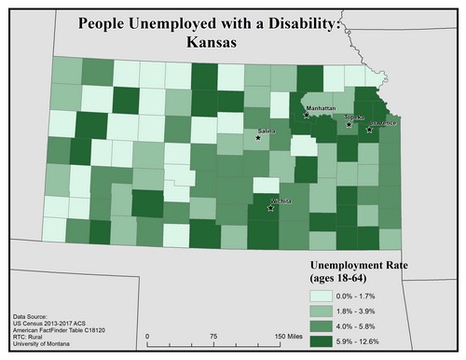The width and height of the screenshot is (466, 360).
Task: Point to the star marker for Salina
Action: (x=258, y=138)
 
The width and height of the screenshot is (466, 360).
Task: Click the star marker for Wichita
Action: (x=270, y=208)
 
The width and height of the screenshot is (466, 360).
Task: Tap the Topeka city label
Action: (x=353, y=118)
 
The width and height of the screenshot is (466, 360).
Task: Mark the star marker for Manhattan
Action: (x=307, y=117)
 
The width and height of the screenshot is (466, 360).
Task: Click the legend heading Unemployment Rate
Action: (x=361, y=264)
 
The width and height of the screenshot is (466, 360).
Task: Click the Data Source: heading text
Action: (x=36, y=317)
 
